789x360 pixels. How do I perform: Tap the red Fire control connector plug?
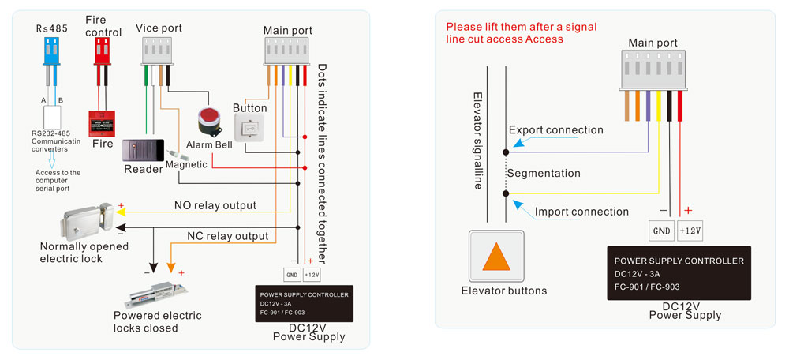tap(101, 52)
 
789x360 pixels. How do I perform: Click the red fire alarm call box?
tap(101, 123)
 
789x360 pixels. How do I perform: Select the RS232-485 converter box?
tap(54, 117)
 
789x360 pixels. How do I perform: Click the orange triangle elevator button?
tap(497, 257)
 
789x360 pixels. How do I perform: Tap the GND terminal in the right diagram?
tap(661, 231)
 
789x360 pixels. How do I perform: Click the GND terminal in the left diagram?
tap(291, 275)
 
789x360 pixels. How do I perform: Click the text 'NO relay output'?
tap(215, 205)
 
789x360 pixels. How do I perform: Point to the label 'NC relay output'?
tap(227, 235)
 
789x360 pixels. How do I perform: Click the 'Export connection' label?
tap(555, 129)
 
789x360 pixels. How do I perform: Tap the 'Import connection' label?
tap(581, 212)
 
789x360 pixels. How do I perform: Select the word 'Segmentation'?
tap(544, 173)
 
